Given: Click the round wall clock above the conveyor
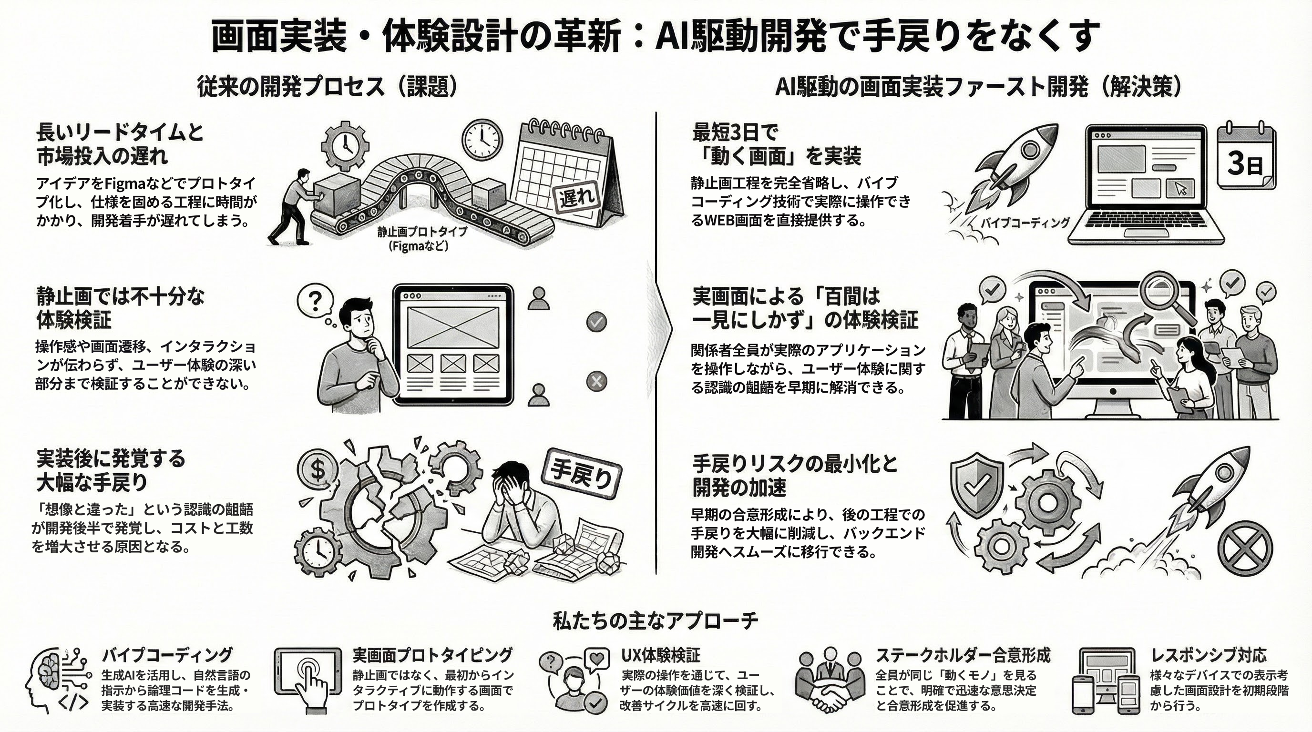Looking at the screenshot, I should click(x=482, y=139).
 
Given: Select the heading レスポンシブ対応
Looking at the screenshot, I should click(x=1208, y=655).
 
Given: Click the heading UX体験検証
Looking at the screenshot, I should click(x=661, y=655).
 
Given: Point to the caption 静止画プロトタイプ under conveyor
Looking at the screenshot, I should click(x=422, y=232).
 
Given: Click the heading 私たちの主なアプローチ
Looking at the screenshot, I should click(x=656, y=620).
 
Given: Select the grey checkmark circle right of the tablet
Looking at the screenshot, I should click(x=596, y=322).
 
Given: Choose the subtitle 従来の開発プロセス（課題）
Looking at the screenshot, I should click(x=327, y=87).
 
